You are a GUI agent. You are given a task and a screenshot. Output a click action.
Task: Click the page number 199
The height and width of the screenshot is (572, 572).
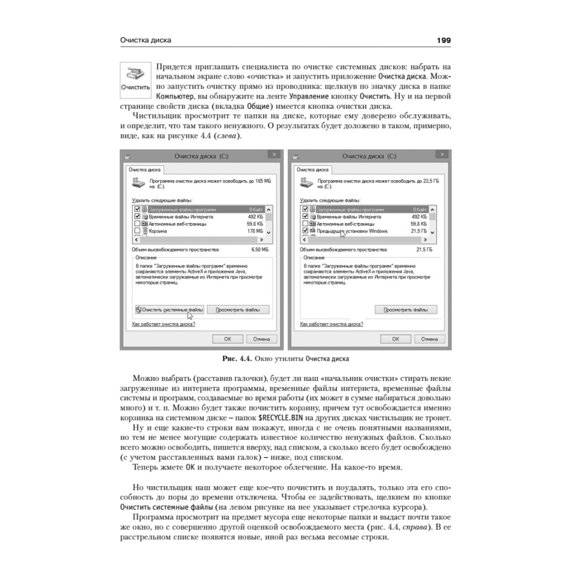pos(443,40)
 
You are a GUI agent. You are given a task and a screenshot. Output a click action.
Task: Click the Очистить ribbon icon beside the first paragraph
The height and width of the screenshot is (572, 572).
pos(136,78)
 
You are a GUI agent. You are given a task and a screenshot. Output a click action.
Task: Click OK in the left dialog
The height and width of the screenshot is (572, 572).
pos(227,339)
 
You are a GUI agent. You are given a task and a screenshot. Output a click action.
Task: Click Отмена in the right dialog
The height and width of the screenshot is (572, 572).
pos(429,339)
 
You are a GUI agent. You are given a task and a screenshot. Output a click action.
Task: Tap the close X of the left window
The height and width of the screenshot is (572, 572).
pos(275,154)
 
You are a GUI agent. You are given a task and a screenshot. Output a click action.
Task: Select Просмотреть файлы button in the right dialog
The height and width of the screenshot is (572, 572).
pos(406,309)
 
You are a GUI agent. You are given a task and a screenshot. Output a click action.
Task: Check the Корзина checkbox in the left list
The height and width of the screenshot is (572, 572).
pos(137,231)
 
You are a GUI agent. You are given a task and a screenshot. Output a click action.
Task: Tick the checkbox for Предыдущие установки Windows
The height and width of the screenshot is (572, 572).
pos(305,231)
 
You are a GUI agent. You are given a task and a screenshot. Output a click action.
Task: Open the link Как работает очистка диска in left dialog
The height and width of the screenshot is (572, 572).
pos(164,324)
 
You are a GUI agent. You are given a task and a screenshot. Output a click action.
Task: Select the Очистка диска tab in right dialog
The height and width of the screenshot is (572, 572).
pos(312,169)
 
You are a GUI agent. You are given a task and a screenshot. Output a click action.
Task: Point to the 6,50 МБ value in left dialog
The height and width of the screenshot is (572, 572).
pos(260,249)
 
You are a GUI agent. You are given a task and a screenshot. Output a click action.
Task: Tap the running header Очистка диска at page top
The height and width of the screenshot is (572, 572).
pos(146,40)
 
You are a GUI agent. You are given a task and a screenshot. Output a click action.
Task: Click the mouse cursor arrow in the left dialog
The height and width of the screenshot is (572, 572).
pos(190,313)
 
